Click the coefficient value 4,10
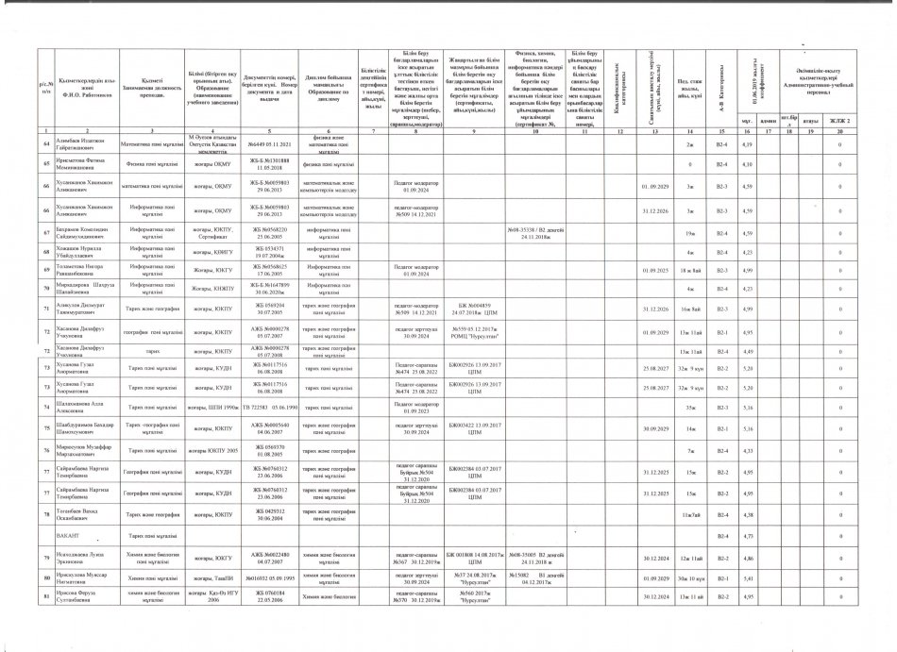click(746, 165)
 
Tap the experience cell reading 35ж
click(690, 408)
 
